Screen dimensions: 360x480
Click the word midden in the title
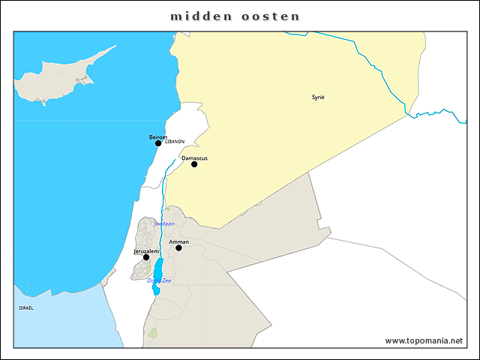(x=199, y=16)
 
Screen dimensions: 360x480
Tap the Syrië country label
(x=319, y=97)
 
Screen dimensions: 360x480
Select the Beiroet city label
(x=157, y=136)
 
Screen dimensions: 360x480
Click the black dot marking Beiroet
(x=158, y=143)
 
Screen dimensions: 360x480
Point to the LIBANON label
(x=174, y=141)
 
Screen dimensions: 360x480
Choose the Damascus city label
(x=194, y=158)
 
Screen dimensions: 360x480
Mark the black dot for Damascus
(x=194, y=164)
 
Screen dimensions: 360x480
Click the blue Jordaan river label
(x=163, y=223)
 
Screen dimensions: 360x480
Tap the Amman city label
(x=178, y=242)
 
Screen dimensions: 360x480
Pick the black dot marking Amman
(x=178, y=248)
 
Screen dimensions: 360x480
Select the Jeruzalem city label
(x=146, y=250)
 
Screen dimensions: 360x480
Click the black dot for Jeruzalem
(x=146, y=257)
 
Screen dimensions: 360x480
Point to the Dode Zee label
(x=159, y=280)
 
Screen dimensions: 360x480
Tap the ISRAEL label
(x=26, y=307)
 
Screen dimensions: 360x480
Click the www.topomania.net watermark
(x=424, y=340)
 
